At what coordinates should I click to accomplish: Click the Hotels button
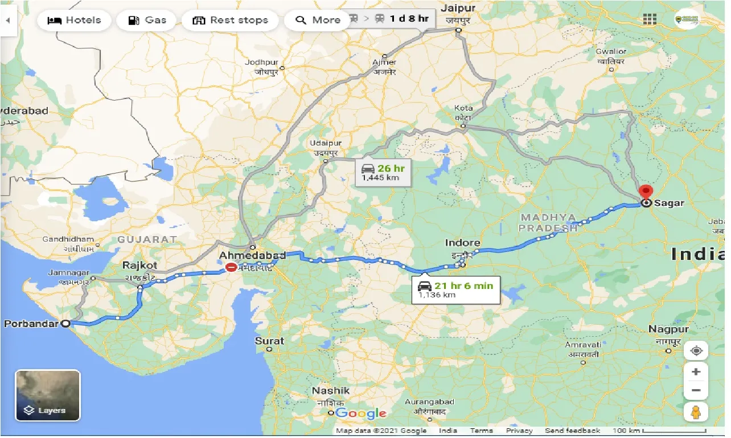pyautogui.click(x=75, y=20)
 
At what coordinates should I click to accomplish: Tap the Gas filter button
pyautogui.click(x=147, y=20)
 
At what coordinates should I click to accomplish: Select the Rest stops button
pyautogui.click(x=229, y=20)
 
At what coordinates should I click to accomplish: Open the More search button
pyautogui.click(x=318, y=20)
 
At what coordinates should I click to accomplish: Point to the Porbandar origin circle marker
pyautogui.click(x=65, y=324)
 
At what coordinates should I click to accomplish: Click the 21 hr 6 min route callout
pyautogui.click(x=455, y=290)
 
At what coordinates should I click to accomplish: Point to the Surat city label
pyautogui.click(x=269, y=341)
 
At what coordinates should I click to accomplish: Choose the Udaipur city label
pyautogui.click(x=326, y=144)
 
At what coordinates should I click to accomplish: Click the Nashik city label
pyautogui.click(x=330, y=391)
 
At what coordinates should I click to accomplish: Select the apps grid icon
pyautogui.click(x=650, y=19)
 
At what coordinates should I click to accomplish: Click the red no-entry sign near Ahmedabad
pyautogui.click(x=231, y=268)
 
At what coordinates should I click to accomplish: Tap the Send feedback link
pyautogui.click(x=572, y=431)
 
